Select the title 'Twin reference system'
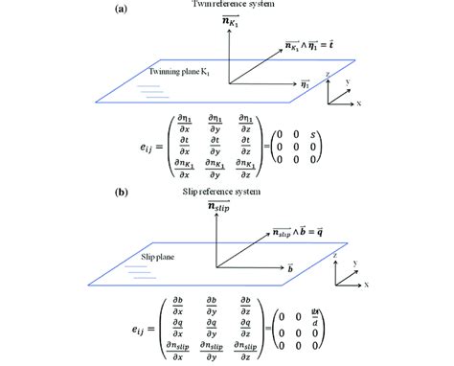227,8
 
